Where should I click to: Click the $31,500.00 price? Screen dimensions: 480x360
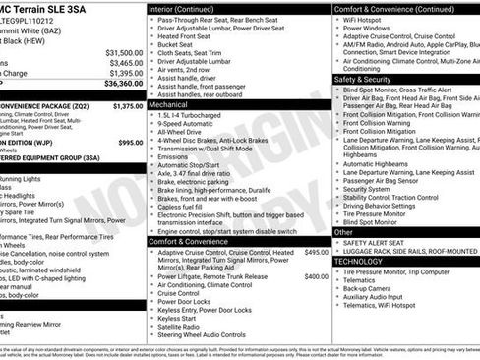tap(124, 52)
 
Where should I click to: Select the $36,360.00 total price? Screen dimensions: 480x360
tap(124, 84)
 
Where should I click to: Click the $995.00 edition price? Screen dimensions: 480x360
tap(130, 142)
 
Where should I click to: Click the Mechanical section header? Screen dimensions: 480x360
tap(168, 103)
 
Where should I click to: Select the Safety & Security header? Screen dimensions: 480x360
tap(363, 79)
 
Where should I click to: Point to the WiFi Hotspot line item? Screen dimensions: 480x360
tap(365, 19)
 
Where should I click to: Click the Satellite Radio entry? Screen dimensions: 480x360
tap(184, 326)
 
